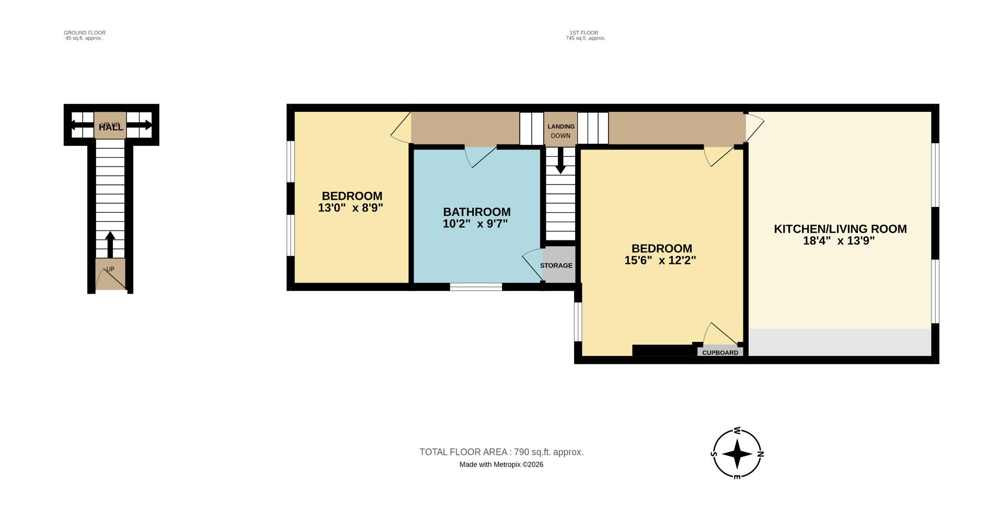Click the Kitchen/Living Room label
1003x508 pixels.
[x=839, y=229]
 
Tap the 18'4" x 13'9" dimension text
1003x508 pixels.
[x=838, y=241]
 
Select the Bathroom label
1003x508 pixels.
[x=476, y=212]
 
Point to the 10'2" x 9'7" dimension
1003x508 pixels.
[x=475, y=224]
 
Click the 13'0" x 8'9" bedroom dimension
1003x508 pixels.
[x=351, y=207]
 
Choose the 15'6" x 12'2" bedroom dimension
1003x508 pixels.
[x=660, y=260]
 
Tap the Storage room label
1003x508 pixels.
[x=556, y=265]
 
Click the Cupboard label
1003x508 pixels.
[x=720, y=353]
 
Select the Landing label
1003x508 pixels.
[x=561, y=126]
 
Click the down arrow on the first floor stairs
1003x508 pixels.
[x=560, y=161]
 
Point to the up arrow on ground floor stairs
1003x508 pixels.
[x=110, y=245]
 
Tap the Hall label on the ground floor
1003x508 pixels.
[x=111, y=127]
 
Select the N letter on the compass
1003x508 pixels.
[x=761, y=454]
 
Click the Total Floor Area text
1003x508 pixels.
[x=501, y=452]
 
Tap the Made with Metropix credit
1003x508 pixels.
[x=501, y=465]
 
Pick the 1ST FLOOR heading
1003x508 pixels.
[x=584, y=33]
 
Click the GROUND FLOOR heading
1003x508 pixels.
[x=85, y=33]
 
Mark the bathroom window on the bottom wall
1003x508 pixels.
[x=475, y=286]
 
